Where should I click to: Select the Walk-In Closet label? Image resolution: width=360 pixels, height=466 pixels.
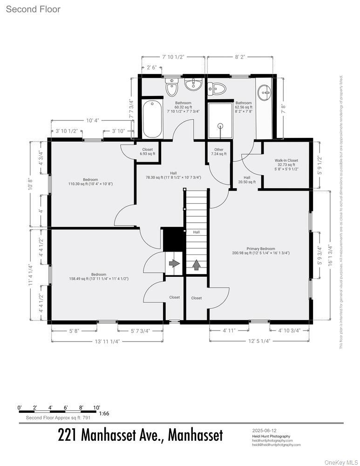[286, 164]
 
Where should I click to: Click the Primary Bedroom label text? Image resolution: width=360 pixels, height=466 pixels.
[261, 251]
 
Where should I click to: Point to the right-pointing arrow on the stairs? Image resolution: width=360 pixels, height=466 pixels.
[174, 264]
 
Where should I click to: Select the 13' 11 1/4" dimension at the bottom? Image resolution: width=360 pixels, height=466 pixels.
[107, 341]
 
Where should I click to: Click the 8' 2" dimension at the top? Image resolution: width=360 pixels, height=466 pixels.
[240, 57]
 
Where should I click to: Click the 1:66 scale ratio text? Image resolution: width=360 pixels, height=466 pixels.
[104, 413]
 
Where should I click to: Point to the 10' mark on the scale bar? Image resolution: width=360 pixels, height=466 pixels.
[96, 407]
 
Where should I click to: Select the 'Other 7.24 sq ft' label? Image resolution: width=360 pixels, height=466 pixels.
[218, 152]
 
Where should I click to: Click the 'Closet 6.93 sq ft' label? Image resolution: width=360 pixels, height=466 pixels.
[147, 152]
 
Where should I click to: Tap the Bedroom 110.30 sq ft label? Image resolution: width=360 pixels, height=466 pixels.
[90, 182]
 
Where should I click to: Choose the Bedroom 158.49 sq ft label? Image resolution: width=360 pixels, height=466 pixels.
[98, 277]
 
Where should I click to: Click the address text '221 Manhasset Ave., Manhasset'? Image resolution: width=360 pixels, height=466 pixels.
[140, 435]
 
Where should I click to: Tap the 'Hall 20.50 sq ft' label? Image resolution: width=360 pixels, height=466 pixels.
[247, 179]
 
